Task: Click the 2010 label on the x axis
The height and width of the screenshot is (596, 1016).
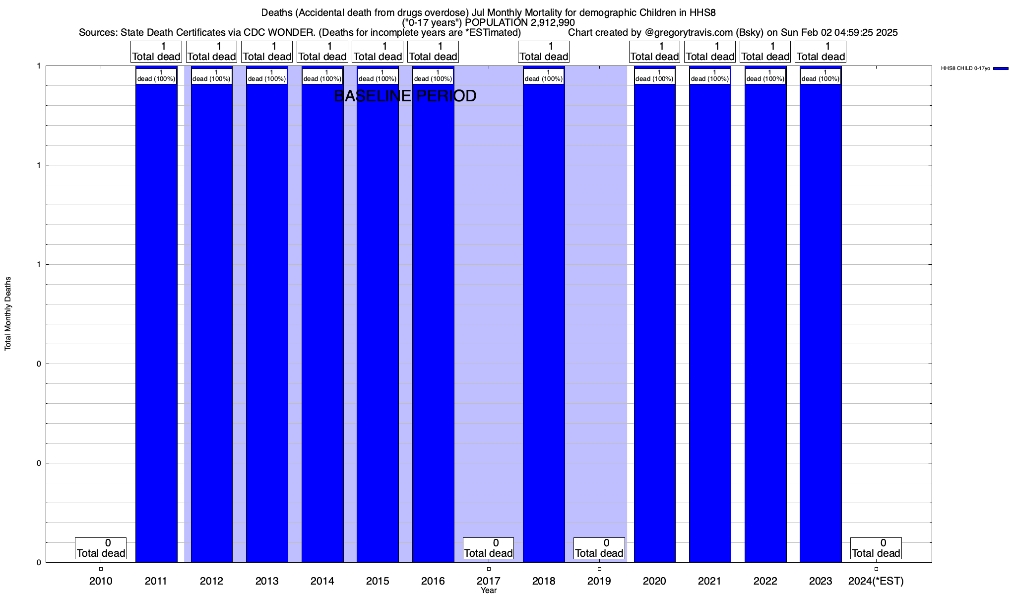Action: (x=101, y=581)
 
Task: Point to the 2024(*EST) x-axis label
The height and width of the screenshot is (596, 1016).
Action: (x=876, y=581)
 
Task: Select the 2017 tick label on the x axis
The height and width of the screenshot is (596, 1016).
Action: (x=489, y=581)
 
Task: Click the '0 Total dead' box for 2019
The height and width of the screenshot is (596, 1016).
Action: (x=599, y=548)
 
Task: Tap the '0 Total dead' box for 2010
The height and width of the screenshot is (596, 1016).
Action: (x=101, y=548)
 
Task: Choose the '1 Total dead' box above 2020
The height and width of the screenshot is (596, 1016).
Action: (x=654, y=52)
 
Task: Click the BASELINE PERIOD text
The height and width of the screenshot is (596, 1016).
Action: (x=405, y=96)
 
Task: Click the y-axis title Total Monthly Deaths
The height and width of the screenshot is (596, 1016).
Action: (x=8, y=314)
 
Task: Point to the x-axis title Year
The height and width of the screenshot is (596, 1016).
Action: (x=489, y=591)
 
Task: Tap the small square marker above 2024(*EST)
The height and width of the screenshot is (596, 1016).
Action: (x=876, y=569)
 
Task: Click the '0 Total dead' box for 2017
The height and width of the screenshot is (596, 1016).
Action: (x=489, y=548)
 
